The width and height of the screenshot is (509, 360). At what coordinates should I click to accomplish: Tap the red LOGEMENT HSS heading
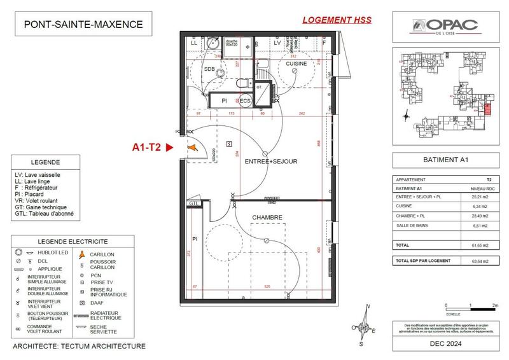tap(337, 20)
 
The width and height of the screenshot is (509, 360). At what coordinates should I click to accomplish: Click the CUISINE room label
tap(296, 64)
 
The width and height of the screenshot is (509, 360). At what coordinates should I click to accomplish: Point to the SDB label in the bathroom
tap(209, 69)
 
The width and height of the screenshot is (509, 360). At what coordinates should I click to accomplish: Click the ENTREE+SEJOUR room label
tap(271, 162)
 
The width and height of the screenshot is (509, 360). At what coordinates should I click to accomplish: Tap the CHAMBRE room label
tap(267, 218)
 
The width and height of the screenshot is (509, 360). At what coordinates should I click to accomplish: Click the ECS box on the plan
tap(245, 100)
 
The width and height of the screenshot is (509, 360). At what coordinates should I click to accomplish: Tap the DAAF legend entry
tap(97, 303)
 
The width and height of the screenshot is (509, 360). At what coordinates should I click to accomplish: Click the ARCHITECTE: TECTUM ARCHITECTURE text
tap(80, 347)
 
